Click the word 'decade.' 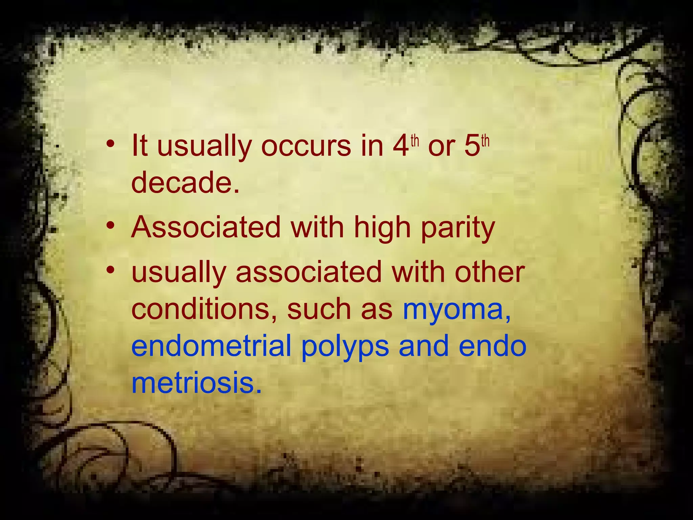(x=185, y=182)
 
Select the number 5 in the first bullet (x=472, y=146)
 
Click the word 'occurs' (x=306, y=146)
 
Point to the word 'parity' (x=458, y=228)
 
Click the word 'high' (x=382, y=228)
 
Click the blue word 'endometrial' (x=211, y=346)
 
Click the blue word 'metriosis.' (x=197, y=383)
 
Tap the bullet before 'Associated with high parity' (x=110, y=226)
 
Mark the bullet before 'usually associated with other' (x=110, y=271)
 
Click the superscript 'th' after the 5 (x=485, y=140)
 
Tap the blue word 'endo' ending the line (x=493, y=346)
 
